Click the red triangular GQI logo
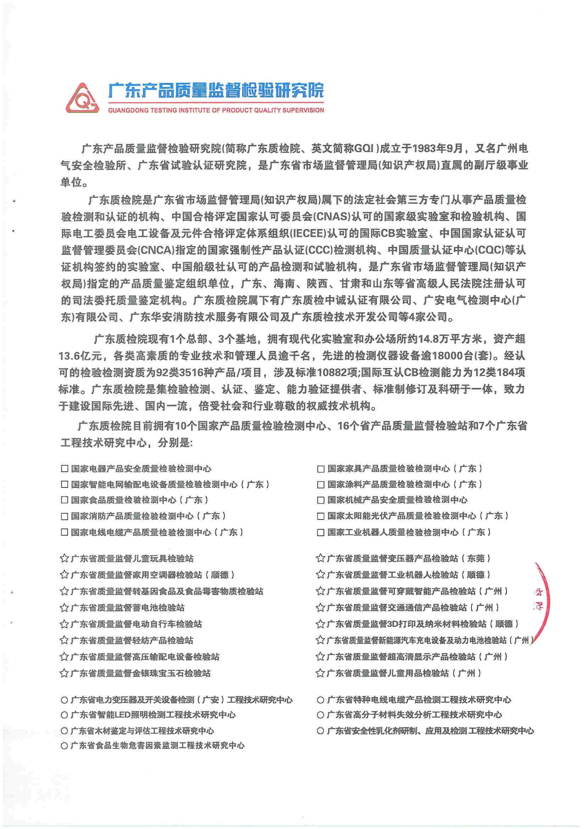pos(82,98)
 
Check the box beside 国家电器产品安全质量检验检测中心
pos(65,469)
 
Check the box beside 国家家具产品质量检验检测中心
pos(320,469)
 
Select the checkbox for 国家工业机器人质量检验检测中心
pos(320,533)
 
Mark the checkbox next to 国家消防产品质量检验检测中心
pos(65,516)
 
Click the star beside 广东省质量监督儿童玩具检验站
pos(64,558)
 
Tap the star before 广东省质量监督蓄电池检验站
pos(64,608)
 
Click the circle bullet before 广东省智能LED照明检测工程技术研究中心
pos(64,715)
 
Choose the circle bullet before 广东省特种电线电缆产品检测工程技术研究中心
pos(320,700)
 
